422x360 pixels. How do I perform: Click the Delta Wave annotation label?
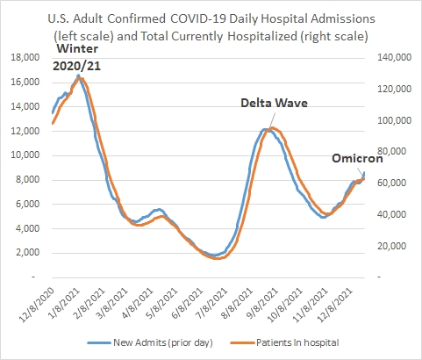tap(274, 103)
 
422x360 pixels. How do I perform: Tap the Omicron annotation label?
tap(357, 158)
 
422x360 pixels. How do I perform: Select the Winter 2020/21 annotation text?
tap(77, 57)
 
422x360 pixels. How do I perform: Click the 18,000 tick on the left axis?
tap(25, 57)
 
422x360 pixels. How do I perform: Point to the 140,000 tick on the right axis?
tap(394, 57)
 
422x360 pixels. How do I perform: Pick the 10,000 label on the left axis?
tap(25, 155)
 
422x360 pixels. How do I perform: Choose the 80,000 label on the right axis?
tap(394, 152)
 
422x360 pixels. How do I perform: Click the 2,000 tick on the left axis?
tap(27, 252)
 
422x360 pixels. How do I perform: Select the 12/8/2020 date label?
tap(38, 305)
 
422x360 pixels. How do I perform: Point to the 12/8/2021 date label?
tap(336, 305)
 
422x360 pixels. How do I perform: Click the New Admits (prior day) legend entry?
tap(150, 342)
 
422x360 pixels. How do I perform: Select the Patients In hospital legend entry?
tap(285, 342)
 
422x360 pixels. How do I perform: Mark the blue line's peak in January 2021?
tap(78, 76)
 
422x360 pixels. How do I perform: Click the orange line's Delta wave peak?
tap(272, 128)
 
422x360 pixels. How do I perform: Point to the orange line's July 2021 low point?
tap(218, 258)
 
